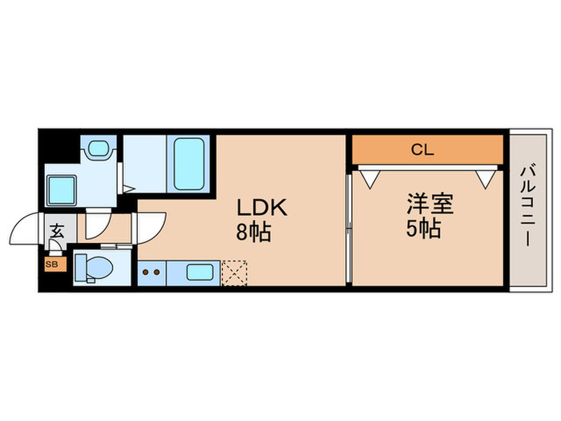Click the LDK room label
(260, 208)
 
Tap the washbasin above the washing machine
(99, 148)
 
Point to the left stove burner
(146, 272)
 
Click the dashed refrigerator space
(234, 272)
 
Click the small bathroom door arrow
(127, 190)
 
